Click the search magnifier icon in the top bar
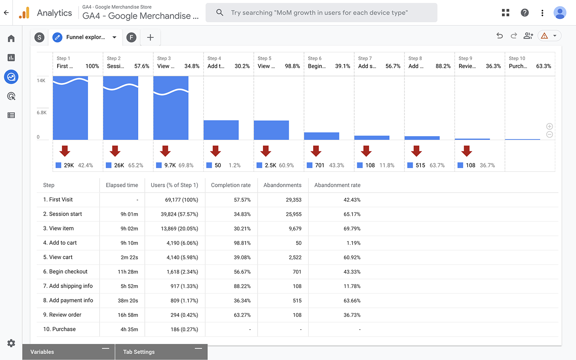click(x=220, y=13)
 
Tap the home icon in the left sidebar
click(x=11, y=39)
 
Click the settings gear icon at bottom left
click(x=11, y=343)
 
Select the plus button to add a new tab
click(x=150, y=37)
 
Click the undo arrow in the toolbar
click(x=499, y=36)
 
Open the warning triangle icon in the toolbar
click(x=544, y=36)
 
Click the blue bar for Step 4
click(x=221, y=130)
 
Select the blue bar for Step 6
click(x=321, y=136)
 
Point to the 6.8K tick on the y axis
click(x=42, y=112)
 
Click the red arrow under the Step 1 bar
click(x=65, y=151)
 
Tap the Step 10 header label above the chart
click(x=517, y=58)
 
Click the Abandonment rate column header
click(x=337, y=185)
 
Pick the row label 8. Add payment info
click(x=68, y=300)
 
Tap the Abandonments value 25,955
click(x=293, y=214)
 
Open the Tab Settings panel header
click(x=139, y=352)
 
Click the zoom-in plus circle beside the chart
click(x=549, y=126)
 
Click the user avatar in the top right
click(x=560, y=13)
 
